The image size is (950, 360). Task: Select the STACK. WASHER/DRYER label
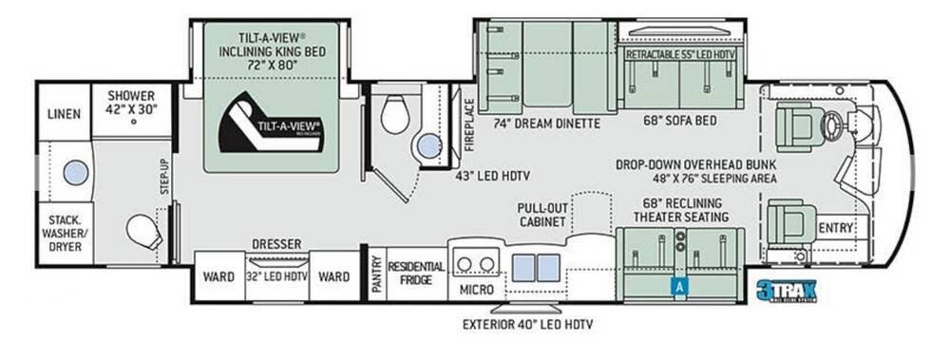click(65, 234)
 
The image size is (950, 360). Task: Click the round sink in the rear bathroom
click(75, 173)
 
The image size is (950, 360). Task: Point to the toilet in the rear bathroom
click(142, 231)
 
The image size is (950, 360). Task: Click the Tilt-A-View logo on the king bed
click(272, 123)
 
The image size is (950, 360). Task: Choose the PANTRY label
click(376, 275)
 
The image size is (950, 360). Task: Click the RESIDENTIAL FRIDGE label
click(416, 273)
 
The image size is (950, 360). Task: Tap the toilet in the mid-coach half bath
click(394, 116)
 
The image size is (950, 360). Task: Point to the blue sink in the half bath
click(429, 145)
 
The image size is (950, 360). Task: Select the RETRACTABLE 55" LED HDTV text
click(679, 55)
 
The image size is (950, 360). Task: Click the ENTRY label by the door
click(835, 227)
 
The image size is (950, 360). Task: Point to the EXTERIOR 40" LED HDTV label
click(527, 325)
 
